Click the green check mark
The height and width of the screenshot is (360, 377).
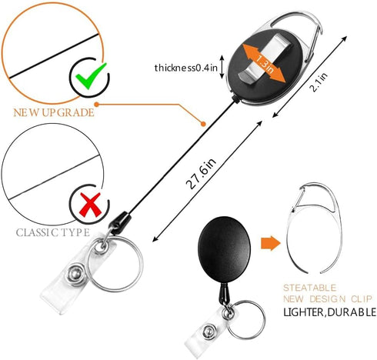click(90, 77)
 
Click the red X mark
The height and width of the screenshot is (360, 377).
click(90, 205)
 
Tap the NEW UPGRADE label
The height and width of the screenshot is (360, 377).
click(54, 112)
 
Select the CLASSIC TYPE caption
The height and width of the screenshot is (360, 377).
click(53, 232)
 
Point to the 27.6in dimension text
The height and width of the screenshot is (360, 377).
click(201, 173)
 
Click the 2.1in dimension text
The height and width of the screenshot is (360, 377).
click(319, 82)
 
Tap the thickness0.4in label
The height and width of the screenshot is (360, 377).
click(186, 68)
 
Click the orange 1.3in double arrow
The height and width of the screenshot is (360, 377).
click(264, 63)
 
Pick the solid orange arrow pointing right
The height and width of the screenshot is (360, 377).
click(271, 243)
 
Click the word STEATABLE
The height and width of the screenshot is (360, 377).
click(309, 288)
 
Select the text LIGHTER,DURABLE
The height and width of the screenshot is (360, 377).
click(329, 312)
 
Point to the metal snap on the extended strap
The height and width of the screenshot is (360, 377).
click(75, 275)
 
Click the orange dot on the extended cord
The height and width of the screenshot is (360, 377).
click(203, 124)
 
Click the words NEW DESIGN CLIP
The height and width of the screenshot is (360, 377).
click(328, 299)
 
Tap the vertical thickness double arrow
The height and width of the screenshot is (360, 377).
click(222, 67)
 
